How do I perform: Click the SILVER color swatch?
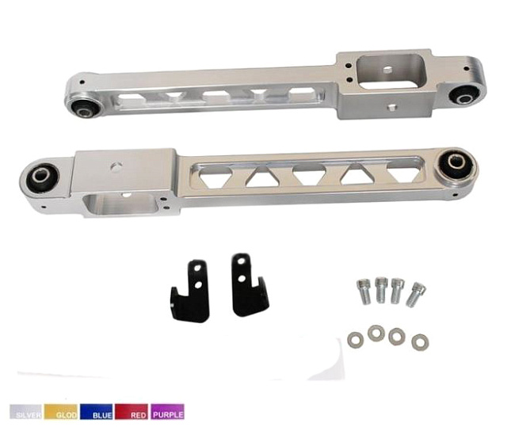point(25,412)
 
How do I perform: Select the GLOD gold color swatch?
point(61,412)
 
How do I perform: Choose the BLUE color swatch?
point(96,412)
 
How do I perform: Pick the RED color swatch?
point(131,412)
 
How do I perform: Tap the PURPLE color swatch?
point(167,412)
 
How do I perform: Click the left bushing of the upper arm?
point(85,108)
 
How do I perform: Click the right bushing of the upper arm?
point(464,96)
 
